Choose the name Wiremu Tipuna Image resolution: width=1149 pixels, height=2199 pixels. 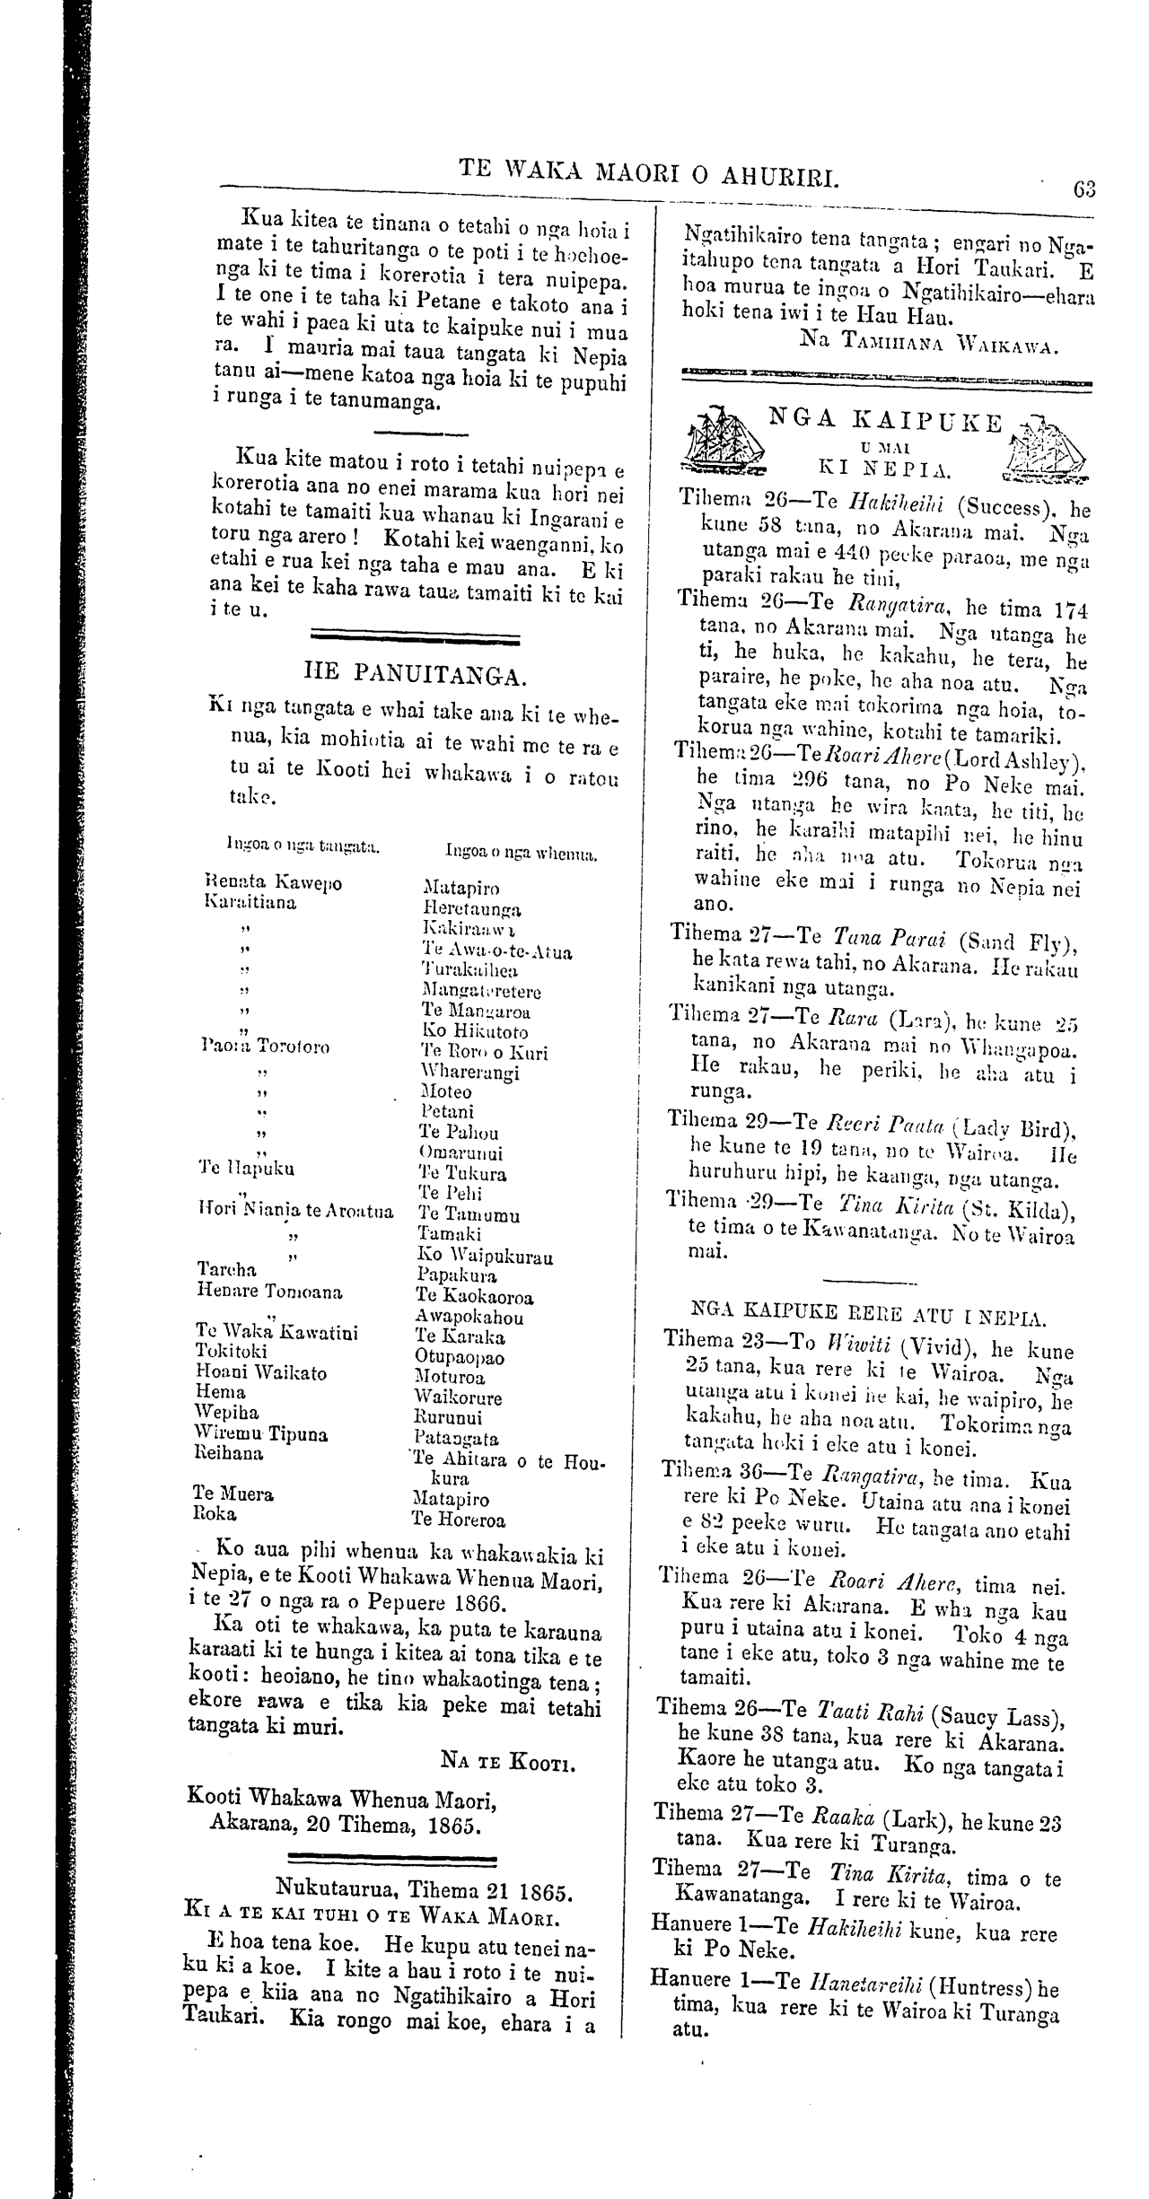coord(261,1434)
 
